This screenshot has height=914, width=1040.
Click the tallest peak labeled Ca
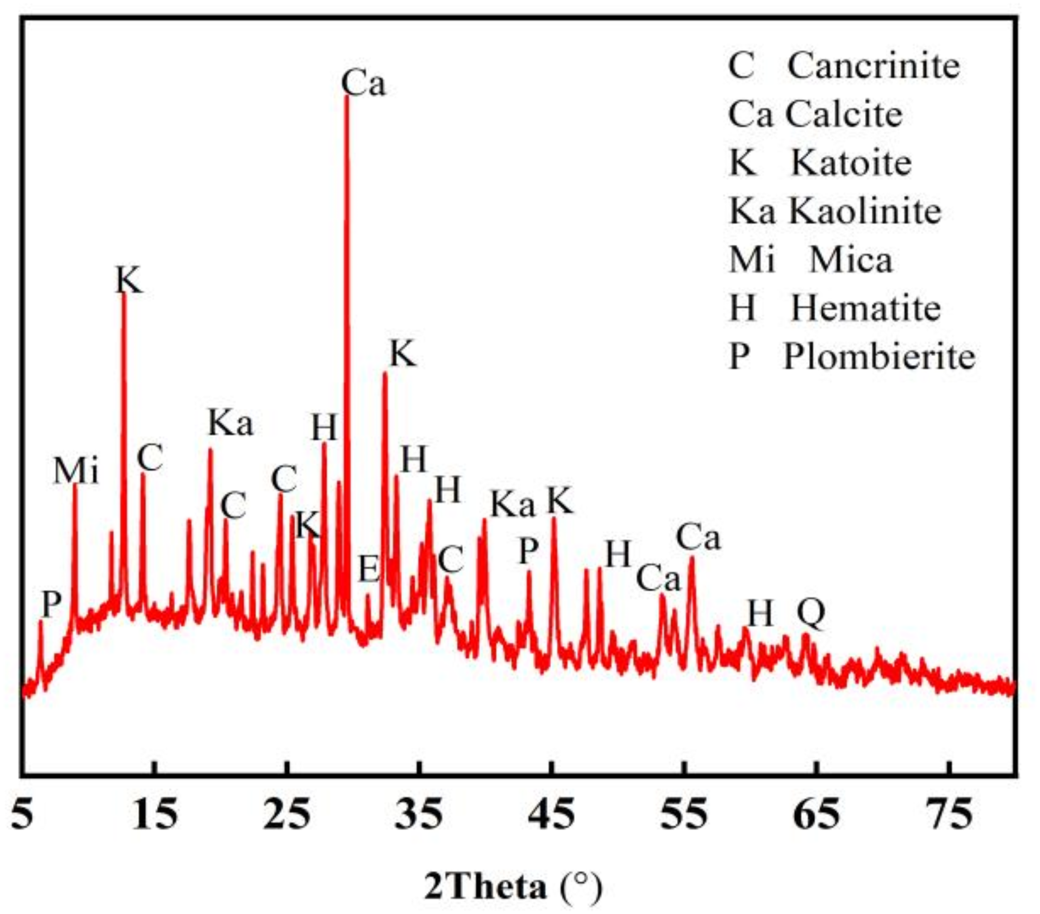(346, 98)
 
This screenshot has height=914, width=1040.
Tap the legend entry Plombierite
(851, 357)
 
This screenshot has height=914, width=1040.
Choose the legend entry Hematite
(834, 308)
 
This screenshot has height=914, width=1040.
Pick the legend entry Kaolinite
(835, 212)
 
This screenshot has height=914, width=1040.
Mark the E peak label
(369, 570)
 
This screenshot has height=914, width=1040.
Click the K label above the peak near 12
(128, 281)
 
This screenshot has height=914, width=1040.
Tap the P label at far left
(51, 604)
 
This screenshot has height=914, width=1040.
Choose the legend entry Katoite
(820, 164)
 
